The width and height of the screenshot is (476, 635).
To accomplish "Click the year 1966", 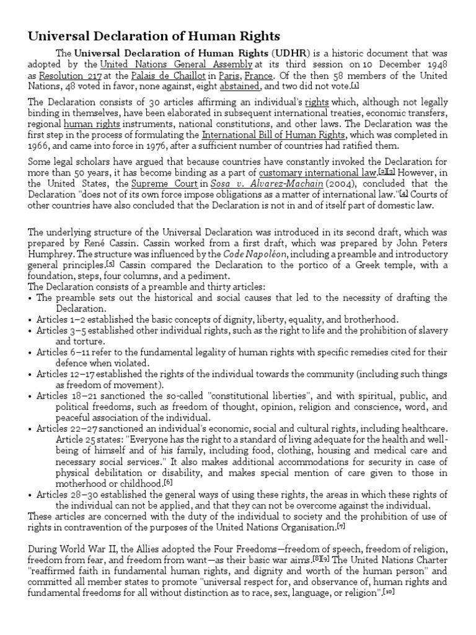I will pyautogui.click(x=40, y=146).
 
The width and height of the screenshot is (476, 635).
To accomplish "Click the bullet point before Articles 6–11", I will pyautogui.click(x=31, y=352).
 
